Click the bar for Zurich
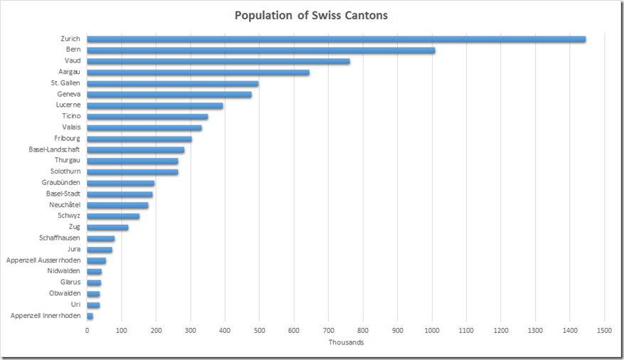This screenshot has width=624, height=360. coord(336,39)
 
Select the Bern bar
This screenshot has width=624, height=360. coord(260,50)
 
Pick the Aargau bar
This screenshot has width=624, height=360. coord(198,73)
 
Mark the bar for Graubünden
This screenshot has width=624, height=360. coord(120,183)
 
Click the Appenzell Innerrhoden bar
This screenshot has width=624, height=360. coord(90,316)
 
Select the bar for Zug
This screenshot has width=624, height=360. coord(107,227)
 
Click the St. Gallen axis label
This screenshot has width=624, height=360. coord(65,83)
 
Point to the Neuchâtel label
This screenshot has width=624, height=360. coord(65,205)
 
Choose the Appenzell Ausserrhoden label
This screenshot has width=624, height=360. coord(43,260)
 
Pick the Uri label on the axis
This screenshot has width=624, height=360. coord(75,305)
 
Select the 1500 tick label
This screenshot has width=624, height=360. coord(604,331)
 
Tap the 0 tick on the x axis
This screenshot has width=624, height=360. coord(88,331)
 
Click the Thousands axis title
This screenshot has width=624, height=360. coord(346,343)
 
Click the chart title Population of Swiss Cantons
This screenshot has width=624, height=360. coord(311,15)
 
